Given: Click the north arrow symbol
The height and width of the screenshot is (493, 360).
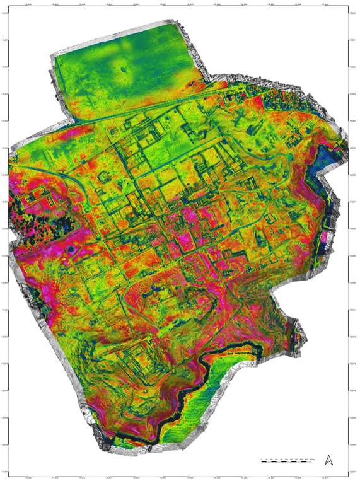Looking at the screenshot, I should coord(328,460).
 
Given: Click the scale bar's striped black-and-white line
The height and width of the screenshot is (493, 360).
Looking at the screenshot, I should coord(287,462).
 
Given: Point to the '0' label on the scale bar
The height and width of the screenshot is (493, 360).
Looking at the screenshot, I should coord(262,459).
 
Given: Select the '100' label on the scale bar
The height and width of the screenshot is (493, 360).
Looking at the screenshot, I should coord(286,459).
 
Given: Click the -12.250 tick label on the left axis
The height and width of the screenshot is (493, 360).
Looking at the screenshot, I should coord(6,14).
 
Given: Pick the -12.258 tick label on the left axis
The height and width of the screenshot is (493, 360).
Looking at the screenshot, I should coord(6,229).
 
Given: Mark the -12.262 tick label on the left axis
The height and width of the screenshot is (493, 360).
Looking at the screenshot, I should coord(6,337).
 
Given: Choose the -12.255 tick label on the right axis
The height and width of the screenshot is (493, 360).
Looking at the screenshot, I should coord(354,148).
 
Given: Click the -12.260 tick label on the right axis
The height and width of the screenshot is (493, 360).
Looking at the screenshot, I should coord(354,283).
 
